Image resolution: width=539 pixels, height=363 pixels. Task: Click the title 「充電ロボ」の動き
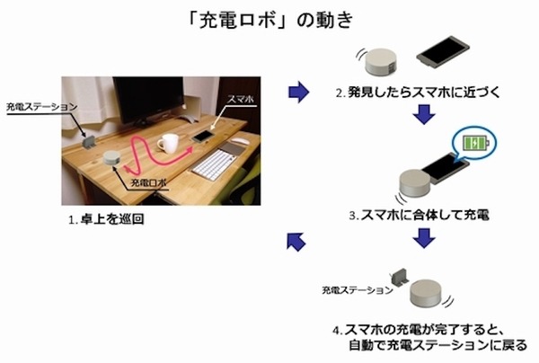point(270,21)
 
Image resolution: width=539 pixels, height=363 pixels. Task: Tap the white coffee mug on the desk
point(169,143)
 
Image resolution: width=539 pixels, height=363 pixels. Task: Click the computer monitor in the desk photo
point(148,101)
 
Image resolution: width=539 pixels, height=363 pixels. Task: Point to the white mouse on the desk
point(240,140)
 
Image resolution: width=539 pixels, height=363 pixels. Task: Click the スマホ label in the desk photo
point(241,99)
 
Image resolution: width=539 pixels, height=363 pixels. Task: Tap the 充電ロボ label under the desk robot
point(148,182)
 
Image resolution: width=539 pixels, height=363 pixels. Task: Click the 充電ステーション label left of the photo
point(41,107)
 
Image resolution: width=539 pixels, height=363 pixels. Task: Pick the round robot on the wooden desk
point(112,158)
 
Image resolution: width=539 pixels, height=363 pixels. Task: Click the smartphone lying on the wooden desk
point(203,137)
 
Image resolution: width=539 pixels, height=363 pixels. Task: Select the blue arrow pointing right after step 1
point(298,92)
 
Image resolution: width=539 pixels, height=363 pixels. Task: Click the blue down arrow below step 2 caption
point(424,114)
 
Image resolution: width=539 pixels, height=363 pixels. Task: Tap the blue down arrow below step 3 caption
point(424,238)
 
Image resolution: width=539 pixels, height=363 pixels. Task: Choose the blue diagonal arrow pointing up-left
point(296,242)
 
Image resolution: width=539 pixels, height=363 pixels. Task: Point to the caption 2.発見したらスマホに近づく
point(418,93)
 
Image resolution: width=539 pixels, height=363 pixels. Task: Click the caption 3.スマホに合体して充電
point(419,215)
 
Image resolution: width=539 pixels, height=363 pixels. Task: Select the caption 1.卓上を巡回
point(106,219)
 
